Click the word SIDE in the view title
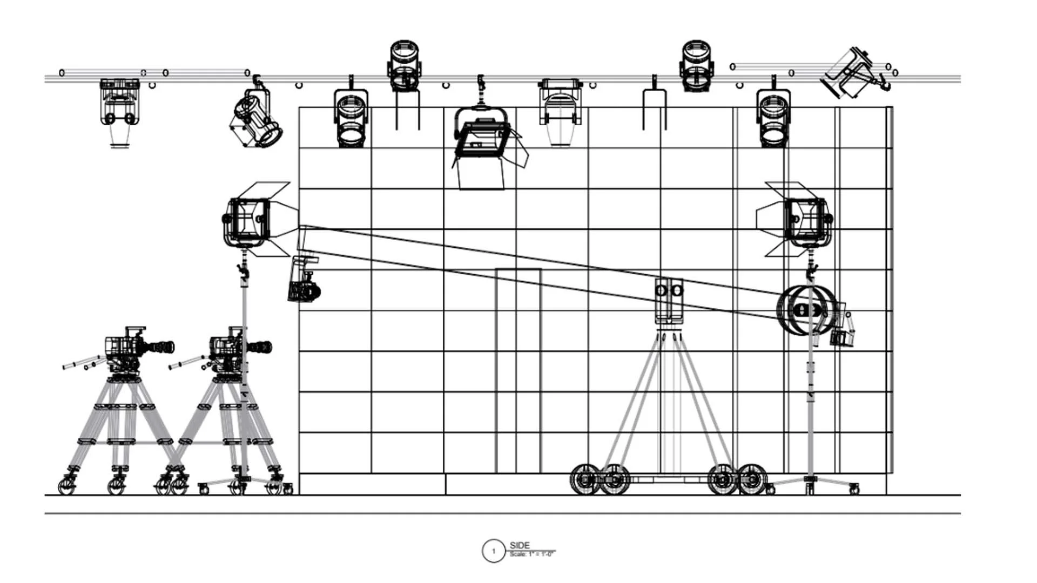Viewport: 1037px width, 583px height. point(519,545)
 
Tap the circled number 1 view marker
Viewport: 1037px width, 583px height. point(493,551)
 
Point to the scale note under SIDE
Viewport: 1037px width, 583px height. point(531,554)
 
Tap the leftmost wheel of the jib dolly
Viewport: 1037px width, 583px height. point(584,479)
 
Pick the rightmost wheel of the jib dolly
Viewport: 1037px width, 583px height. point(752,479)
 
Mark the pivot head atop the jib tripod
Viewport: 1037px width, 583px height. point(669,300)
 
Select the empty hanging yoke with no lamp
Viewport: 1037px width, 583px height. point(654,109)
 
